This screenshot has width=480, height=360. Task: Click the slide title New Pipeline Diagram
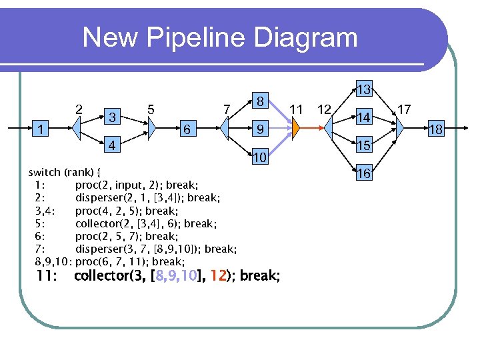(x=220, y=37)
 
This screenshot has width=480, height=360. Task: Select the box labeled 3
(x=114, y=116)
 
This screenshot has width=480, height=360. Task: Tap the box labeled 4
(x=114, y=145)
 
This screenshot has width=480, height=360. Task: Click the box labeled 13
(x=363, y=89)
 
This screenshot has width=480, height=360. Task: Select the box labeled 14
(x=363, y=117)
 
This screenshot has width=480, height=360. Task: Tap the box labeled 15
(x=363, y=145)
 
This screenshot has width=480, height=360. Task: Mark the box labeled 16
(x=363, y=173)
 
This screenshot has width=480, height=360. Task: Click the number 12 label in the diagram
(x=325, y=109)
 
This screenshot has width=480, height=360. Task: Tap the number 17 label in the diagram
(x=404, y=108)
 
